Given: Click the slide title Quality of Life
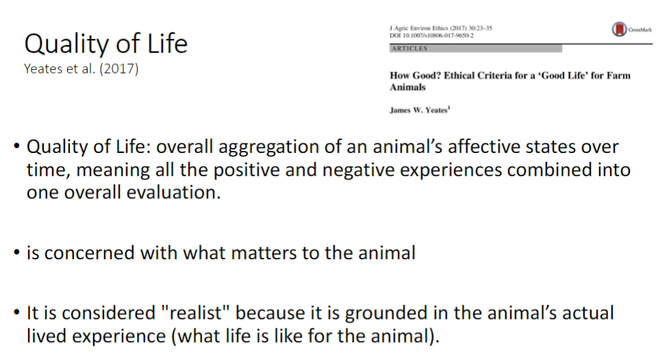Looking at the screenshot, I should (x=106, y=44).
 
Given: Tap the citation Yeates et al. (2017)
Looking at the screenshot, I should (x=82, y=69).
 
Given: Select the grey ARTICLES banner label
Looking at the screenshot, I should (x=409, y=49).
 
